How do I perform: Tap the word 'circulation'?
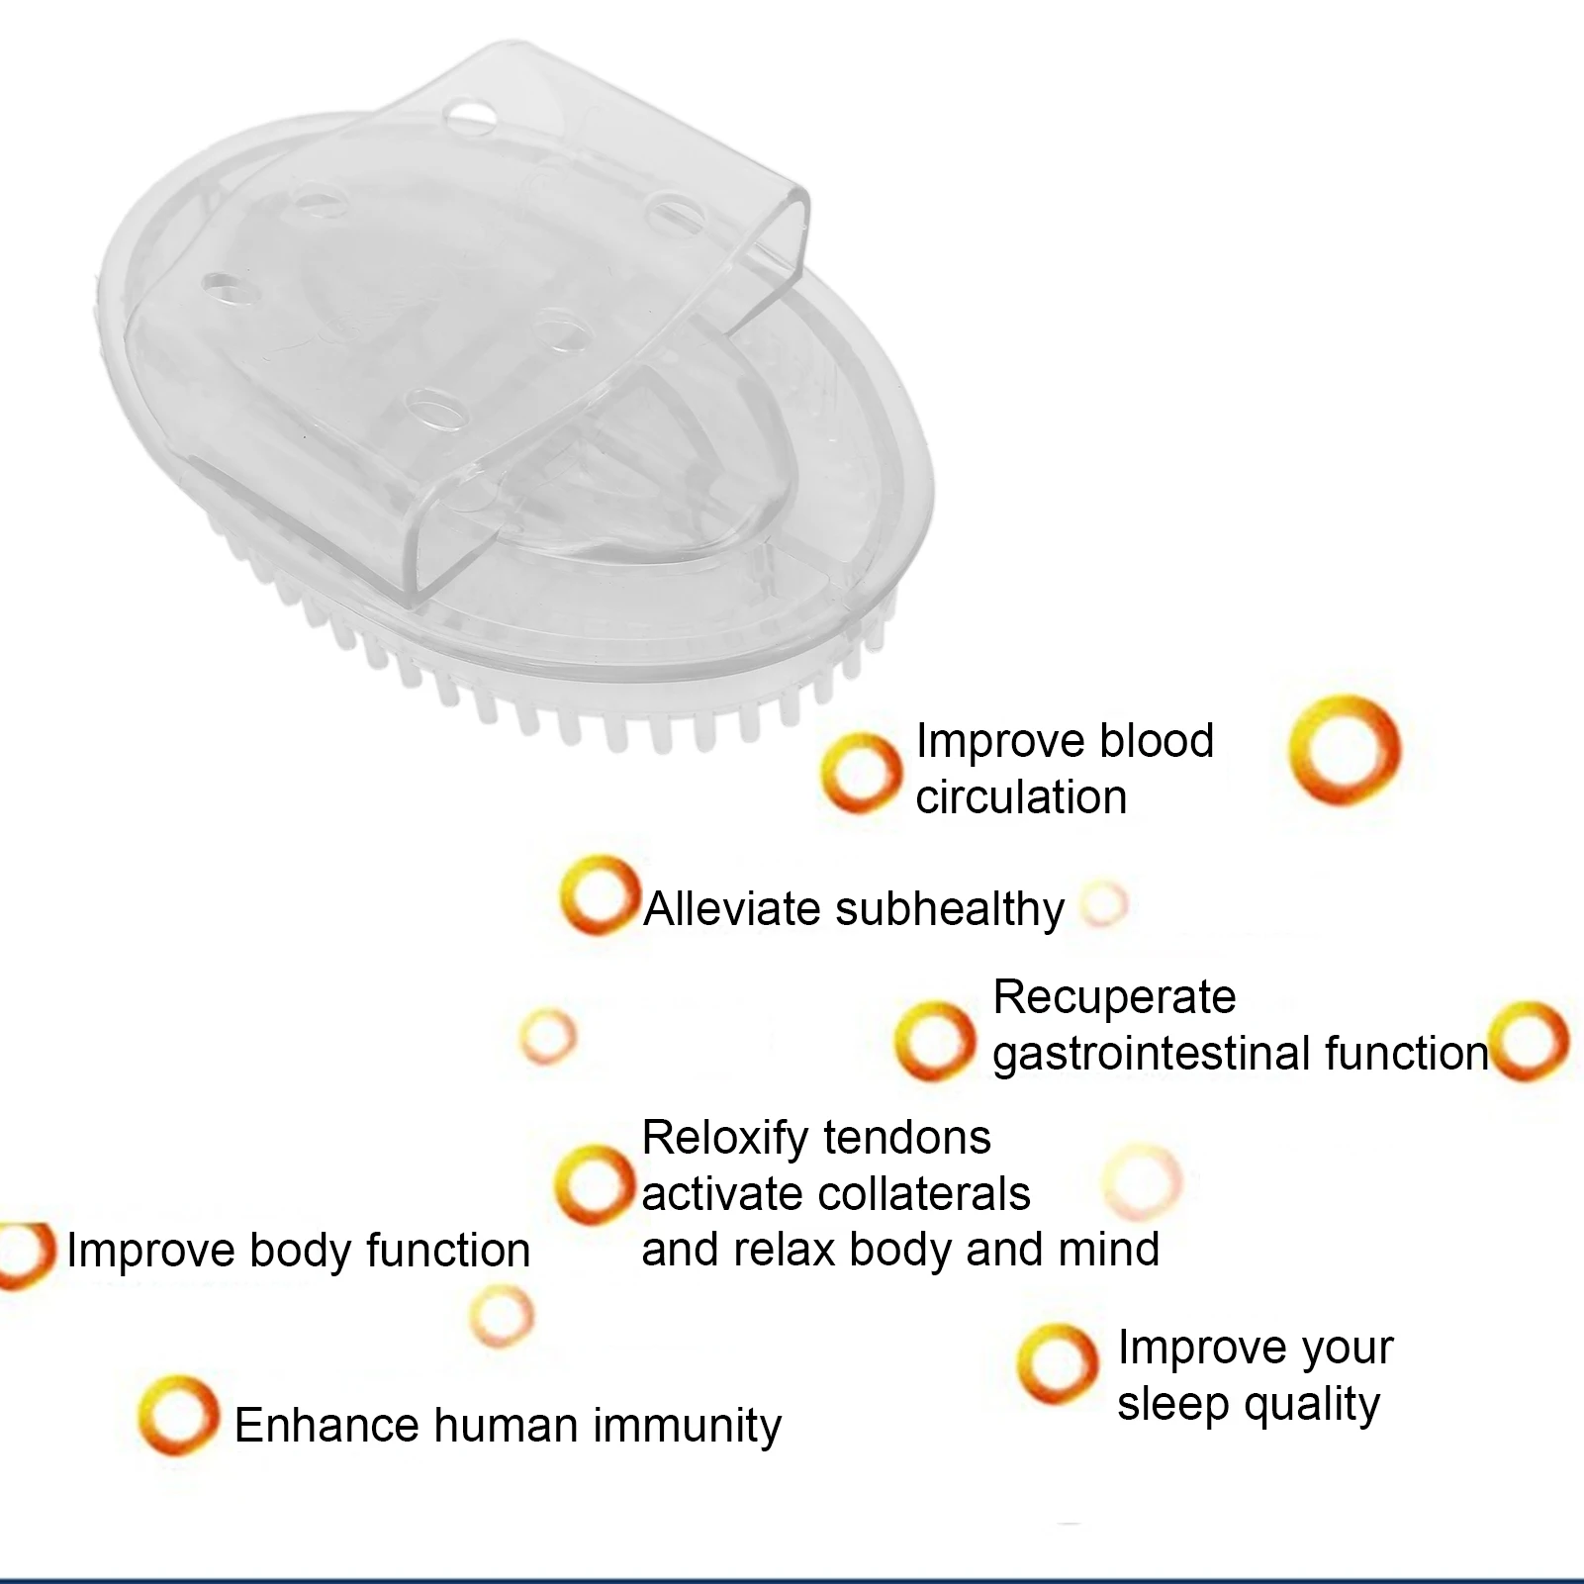pyautogui.click(x=1021, y=797)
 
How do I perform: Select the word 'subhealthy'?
pyautogui.click(x=950, y=909)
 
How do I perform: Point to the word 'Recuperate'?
pyautogui.click(x=1114, y=997)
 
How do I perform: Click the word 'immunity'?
pyautogui.click(x=688, y=1426)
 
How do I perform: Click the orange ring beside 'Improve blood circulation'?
pyautogui.click(x=862, y=773)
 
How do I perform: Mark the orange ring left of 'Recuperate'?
pyautogui.click(x=935, y=1041)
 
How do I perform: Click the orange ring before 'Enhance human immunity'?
pyautogui.click(x=178, y=1415)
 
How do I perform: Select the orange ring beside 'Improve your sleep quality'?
pyautogui.click(x=1058, y=1364)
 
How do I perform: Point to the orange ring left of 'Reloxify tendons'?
pyautogui.click(x=594, y=1184)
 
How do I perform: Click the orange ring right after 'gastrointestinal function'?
pyautogui.click(x=1531, y=1041)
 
